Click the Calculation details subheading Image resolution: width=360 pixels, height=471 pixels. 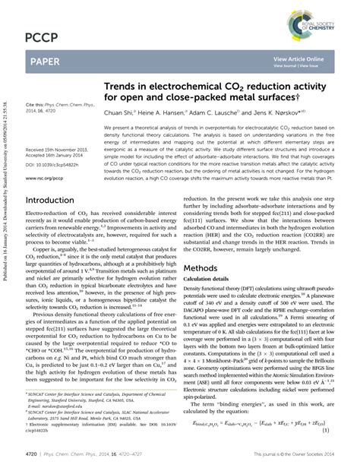tap(209, 280)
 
